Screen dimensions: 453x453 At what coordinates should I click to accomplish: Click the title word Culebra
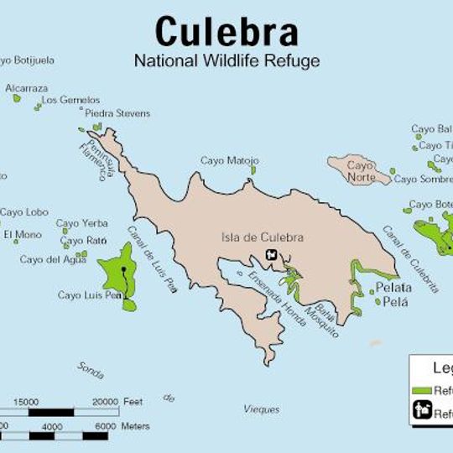pos(226,33)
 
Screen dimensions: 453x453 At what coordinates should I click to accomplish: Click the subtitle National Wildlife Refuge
pos(226,60)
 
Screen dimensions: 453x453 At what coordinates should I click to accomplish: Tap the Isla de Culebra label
pos(262,237)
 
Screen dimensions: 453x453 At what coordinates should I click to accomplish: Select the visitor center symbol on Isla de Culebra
pos(271,255)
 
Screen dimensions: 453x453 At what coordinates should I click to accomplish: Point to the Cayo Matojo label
pos(229,160)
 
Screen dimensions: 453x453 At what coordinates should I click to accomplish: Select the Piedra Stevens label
pos(118,113)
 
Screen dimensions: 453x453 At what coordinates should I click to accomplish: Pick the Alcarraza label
pos(26,88)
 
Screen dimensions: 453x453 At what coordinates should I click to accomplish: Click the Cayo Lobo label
pos(23,212)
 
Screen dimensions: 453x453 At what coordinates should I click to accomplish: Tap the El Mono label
pos(22,235)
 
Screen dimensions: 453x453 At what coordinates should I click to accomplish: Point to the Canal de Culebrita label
pos(410,258)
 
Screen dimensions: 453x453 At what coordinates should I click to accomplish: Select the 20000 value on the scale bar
pos(104,402)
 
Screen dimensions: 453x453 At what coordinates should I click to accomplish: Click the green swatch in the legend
pos(422,391)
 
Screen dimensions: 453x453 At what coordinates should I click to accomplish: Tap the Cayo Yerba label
pos(82,223)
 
